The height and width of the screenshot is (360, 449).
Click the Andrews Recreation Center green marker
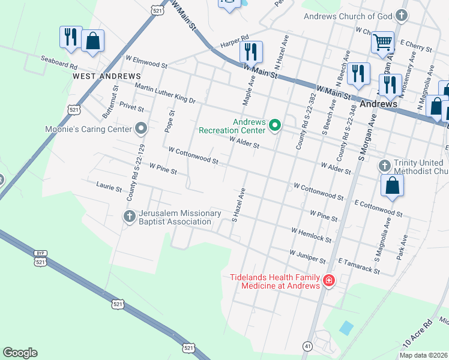pos(275,125)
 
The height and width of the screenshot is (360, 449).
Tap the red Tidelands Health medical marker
pos(328,281)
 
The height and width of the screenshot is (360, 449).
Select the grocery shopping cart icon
pos(382,43)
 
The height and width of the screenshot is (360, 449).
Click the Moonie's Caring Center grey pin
pos(141,128)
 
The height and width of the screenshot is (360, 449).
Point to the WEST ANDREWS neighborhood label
pos(106,77)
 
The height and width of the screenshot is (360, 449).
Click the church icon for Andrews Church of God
pos(402,16)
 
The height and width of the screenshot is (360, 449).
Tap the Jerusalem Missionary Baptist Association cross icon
pos(130,217)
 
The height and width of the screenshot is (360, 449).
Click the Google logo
pos(20,353)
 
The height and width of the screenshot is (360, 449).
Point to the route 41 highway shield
pos(307,346)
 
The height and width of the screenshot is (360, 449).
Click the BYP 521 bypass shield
pos(40,258)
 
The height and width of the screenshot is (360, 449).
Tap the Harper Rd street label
pos(234,37)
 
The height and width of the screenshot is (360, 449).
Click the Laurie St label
pos(109,187)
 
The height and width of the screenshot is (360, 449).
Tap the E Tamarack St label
pos(359,266)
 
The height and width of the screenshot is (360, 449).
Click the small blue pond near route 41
pos(346,328)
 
